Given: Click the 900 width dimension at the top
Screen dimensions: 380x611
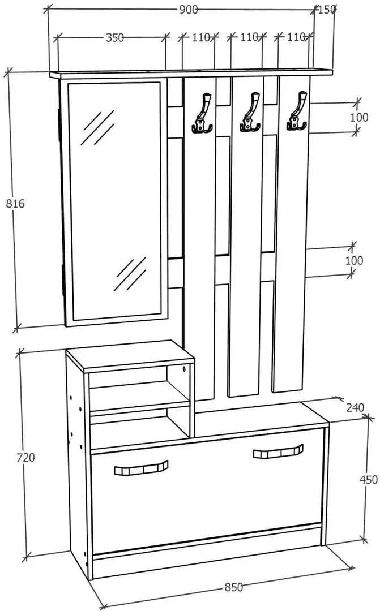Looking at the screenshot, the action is (189, 10).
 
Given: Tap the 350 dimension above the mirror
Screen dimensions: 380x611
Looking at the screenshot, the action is (115, 37).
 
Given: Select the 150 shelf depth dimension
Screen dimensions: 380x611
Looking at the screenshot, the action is (327, 10).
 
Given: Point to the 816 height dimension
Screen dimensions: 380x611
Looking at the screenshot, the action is (15, 203).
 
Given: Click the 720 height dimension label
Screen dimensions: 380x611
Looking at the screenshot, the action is (25, 457).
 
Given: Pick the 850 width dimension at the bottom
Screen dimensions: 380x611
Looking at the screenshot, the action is (234, 587).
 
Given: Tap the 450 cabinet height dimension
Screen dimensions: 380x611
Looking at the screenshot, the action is (368, 479).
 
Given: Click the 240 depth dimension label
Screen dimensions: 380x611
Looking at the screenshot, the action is (355, 407).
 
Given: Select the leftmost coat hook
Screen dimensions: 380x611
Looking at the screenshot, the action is (203, 113).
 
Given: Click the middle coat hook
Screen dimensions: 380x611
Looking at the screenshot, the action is (250, 112).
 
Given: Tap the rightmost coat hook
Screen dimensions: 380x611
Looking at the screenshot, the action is (297, 111).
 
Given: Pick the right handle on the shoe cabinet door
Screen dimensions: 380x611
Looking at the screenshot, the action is (278, 451).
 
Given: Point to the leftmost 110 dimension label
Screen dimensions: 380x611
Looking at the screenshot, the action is (201, 37).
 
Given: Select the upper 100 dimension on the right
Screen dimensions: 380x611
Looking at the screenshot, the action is (359, 117).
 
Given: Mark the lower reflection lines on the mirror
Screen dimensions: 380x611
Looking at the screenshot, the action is (130, 274).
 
